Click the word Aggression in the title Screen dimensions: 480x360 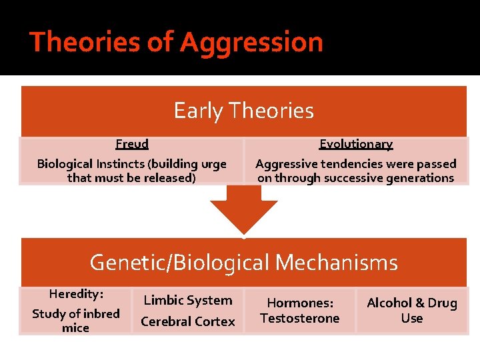tap(251, 43)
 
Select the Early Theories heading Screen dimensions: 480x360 tap(243, 111)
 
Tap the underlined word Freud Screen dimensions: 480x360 tap(132, 144)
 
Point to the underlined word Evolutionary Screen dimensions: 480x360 tap(356, 144)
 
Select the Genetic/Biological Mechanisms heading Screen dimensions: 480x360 tap(243, 263)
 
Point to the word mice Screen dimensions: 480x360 tap(75, 328)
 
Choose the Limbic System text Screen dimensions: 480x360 tap(188, 301)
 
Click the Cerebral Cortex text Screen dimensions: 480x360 tap(188, 321)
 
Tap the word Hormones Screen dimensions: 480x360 tap(300, 303)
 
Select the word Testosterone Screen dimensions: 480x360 tap(300, 319)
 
